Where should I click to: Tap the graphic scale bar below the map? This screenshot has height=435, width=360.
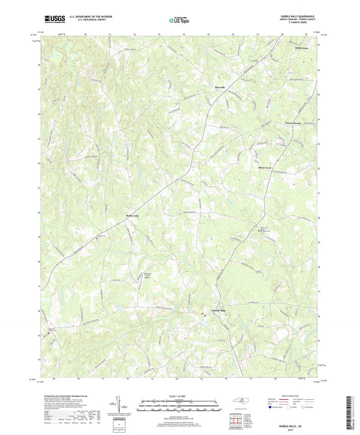[x=180, y=408]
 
